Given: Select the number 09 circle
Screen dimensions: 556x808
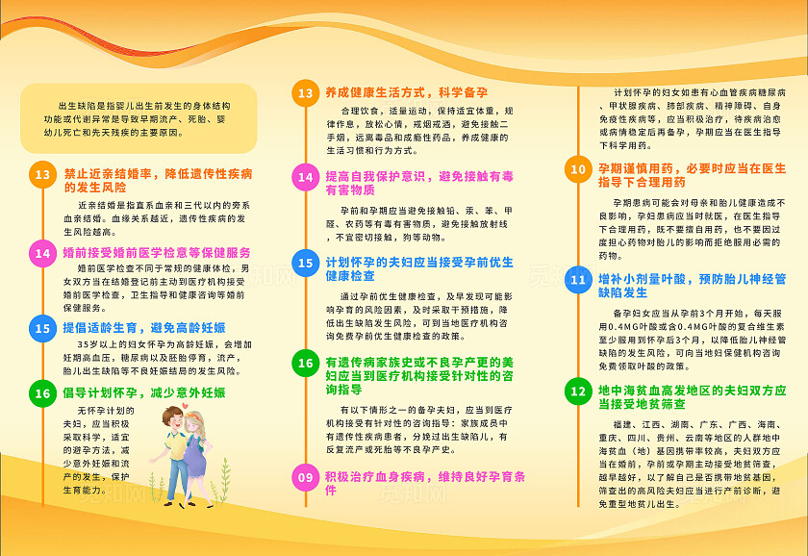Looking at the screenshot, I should click(x=305, y=477).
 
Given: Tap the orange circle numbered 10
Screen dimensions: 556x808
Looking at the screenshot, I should click(x=577, y=170).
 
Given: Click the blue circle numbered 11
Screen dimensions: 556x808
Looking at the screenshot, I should click(x=577, y=280).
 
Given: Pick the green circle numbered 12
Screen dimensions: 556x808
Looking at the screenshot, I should click(x=577, y=392).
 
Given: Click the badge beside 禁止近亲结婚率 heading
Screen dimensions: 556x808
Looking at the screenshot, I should click(x=42, y=175).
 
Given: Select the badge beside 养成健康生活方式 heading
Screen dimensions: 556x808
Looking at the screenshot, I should click(x=305, y=93).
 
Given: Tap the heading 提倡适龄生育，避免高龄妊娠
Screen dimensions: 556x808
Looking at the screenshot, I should click(x=143, y=328).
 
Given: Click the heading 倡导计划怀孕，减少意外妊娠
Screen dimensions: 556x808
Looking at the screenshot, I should click(x=144, y=392).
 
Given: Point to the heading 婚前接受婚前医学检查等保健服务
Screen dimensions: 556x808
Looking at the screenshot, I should click(x=157, y=252).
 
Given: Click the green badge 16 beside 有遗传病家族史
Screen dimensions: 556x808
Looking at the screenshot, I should click(x=305, y=363).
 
